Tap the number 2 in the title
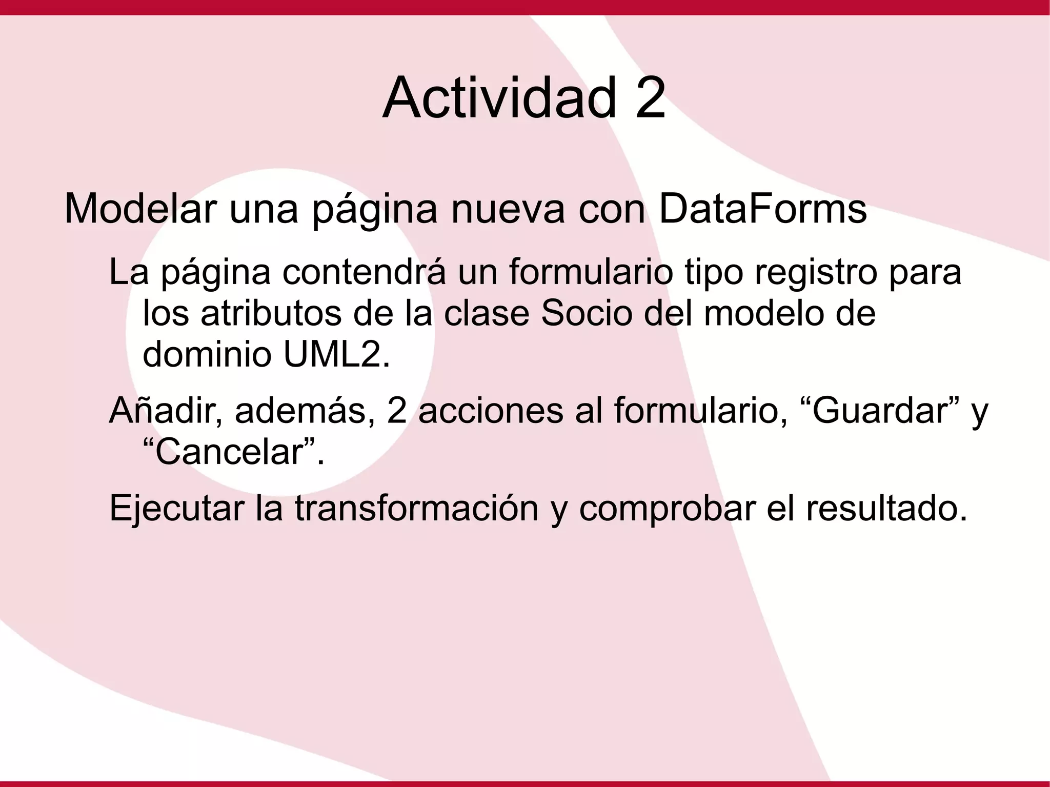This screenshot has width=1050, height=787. (x=650, y=97)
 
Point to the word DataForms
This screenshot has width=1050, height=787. (x=762, y=209)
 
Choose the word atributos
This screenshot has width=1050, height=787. (x=271, y=313)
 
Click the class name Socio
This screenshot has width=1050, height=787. (x=587, y=313)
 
